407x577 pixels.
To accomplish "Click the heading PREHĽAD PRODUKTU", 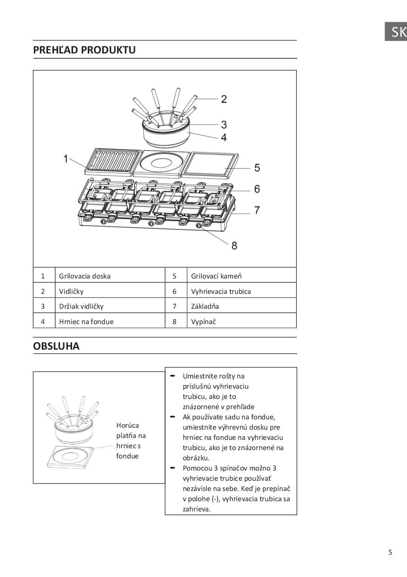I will coord(84,50).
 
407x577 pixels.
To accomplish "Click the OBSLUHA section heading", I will coord(56,346).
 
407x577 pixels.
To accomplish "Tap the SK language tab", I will coord(398,32).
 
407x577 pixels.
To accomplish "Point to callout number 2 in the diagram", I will coord(224,99).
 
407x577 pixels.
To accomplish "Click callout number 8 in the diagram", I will coord(234,245).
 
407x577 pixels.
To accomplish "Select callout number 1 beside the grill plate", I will coord(66,159).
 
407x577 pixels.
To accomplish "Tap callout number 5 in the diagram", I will coord(257,168).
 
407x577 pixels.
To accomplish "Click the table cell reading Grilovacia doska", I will coord(85,276).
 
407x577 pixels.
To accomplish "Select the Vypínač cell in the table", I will coord(203,321).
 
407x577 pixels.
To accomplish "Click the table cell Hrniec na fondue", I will coord(86,321).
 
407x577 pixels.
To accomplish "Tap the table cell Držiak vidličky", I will coord(81,306).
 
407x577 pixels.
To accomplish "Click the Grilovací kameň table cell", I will coord(216,276).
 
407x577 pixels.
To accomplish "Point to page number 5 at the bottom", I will coord(390,552).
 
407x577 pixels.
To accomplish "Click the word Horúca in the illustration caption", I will coord(127,425).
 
